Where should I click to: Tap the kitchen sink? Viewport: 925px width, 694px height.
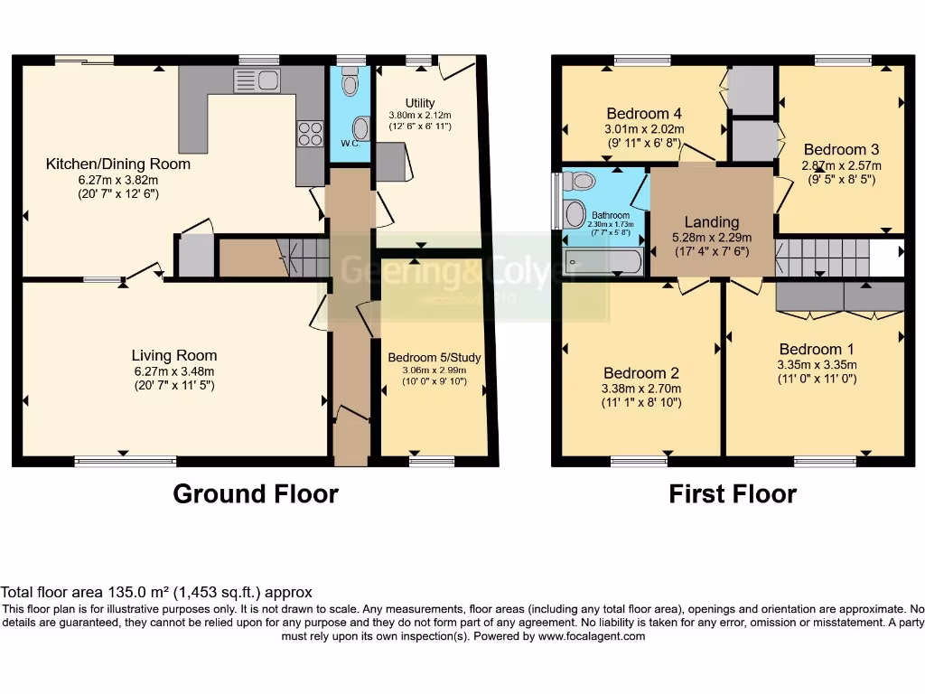(x=257, y=80)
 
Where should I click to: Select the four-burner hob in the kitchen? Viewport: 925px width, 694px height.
(x=310, y=134)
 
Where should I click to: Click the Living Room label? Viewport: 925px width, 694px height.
(x=174, y=355)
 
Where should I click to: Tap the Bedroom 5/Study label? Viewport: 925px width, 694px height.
(x=434, y=358)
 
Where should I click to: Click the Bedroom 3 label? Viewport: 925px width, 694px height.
(x=841, y=149)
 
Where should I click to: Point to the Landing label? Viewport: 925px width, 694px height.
(x=712, y=221)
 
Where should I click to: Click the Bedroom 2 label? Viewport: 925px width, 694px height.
(x=641, y=373)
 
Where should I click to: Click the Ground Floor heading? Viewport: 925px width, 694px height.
(x=256, y=494)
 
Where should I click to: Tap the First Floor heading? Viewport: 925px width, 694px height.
(x=733, y=494)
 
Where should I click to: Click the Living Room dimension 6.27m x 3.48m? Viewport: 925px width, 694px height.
(x=174, y=371)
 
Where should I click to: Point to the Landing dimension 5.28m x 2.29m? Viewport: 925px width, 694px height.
(x=712, y=237)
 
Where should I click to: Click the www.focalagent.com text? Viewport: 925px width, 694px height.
(x=593, y=636)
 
